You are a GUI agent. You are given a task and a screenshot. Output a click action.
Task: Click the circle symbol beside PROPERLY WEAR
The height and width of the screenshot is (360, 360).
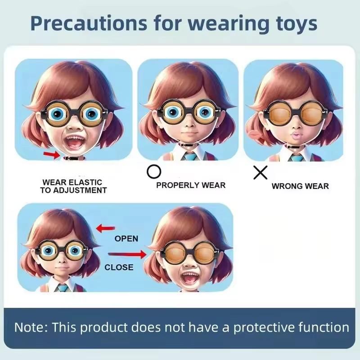154,172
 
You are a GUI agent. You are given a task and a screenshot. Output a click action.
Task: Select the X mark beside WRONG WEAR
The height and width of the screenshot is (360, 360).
260,172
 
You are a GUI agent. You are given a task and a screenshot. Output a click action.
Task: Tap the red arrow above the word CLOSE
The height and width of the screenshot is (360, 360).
128,255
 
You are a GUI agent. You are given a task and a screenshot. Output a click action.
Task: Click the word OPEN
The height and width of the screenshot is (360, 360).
126,238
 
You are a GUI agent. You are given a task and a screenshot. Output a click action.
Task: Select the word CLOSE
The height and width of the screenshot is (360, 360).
119,267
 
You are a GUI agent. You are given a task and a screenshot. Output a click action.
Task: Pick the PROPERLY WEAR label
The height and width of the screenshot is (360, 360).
191,185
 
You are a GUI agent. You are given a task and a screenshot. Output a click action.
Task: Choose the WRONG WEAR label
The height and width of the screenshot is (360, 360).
300,186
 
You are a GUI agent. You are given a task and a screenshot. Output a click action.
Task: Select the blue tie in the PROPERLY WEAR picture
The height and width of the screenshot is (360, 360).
190,157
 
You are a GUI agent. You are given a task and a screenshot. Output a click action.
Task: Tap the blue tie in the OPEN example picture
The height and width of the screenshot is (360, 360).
63,288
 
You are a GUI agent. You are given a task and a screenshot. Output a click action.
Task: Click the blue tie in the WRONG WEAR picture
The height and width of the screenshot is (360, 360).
295,157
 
